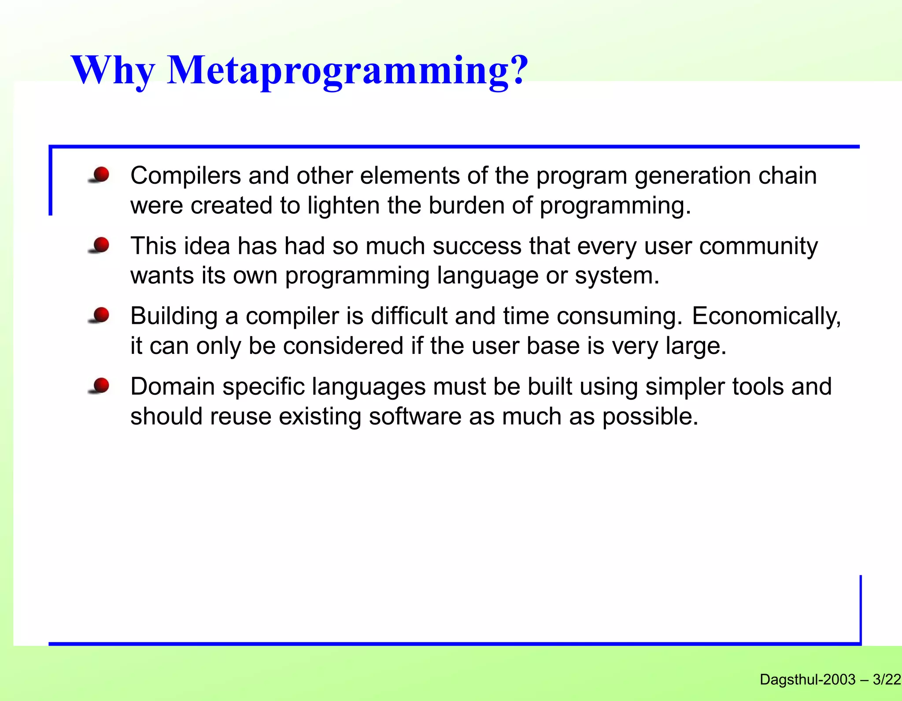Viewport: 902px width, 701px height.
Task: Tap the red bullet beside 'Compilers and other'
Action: (101, 174)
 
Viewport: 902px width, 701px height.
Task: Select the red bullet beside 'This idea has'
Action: (101, 245)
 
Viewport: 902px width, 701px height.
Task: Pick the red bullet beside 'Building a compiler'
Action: (101, 315)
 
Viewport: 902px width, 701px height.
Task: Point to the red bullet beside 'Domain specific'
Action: (101, 386)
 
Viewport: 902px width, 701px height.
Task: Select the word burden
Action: (466, 206)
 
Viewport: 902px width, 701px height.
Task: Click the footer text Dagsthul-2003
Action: (807, 679)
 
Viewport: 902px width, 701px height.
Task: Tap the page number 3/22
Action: (887, 679)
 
